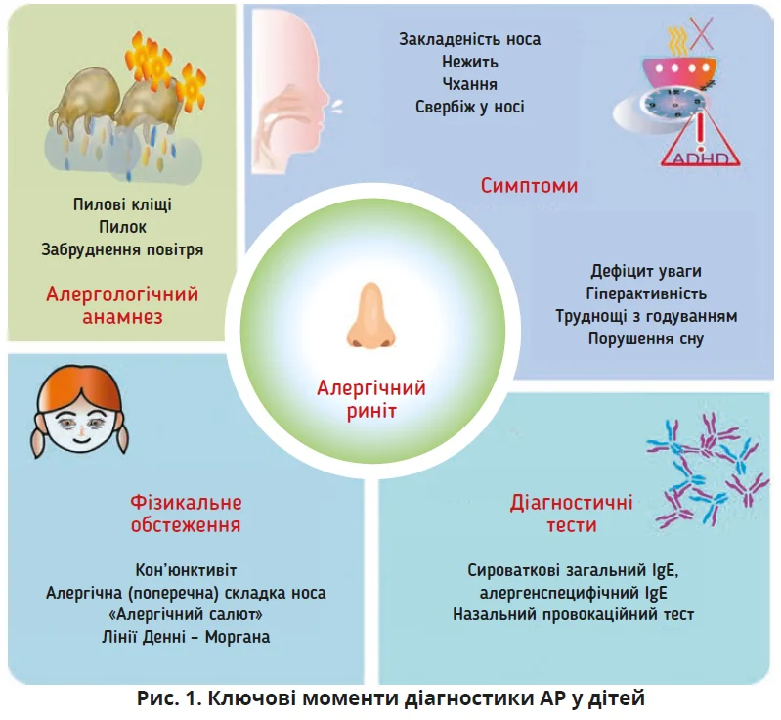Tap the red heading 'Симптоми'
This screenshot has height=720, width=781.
529,185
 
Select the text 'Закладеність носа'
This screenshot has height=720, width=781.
469,39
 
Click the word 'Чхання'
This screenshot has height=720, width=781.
469,84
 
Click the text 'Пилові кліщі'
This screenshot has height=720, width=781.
122,206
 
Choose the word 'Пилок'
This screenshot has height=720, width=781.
122,228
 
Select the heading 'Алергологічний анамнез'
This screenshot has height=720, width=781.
122,305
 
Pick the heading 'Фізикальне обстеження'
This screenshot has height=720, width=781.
186,514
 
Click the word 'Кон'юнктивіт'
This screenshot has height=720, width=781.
186,570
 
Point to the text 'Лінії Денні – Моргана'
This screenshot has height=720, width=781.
186,637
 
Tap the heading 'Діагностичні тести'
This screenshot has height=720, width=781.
571,514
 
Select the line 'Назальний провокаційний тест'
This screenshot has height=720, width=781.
574,615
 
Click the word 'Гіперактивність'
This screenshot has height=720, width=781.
646,293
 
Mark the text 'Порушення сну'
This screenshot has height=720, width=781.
646,338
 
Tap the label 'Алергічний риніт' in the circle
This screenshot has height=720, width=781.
370,399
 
